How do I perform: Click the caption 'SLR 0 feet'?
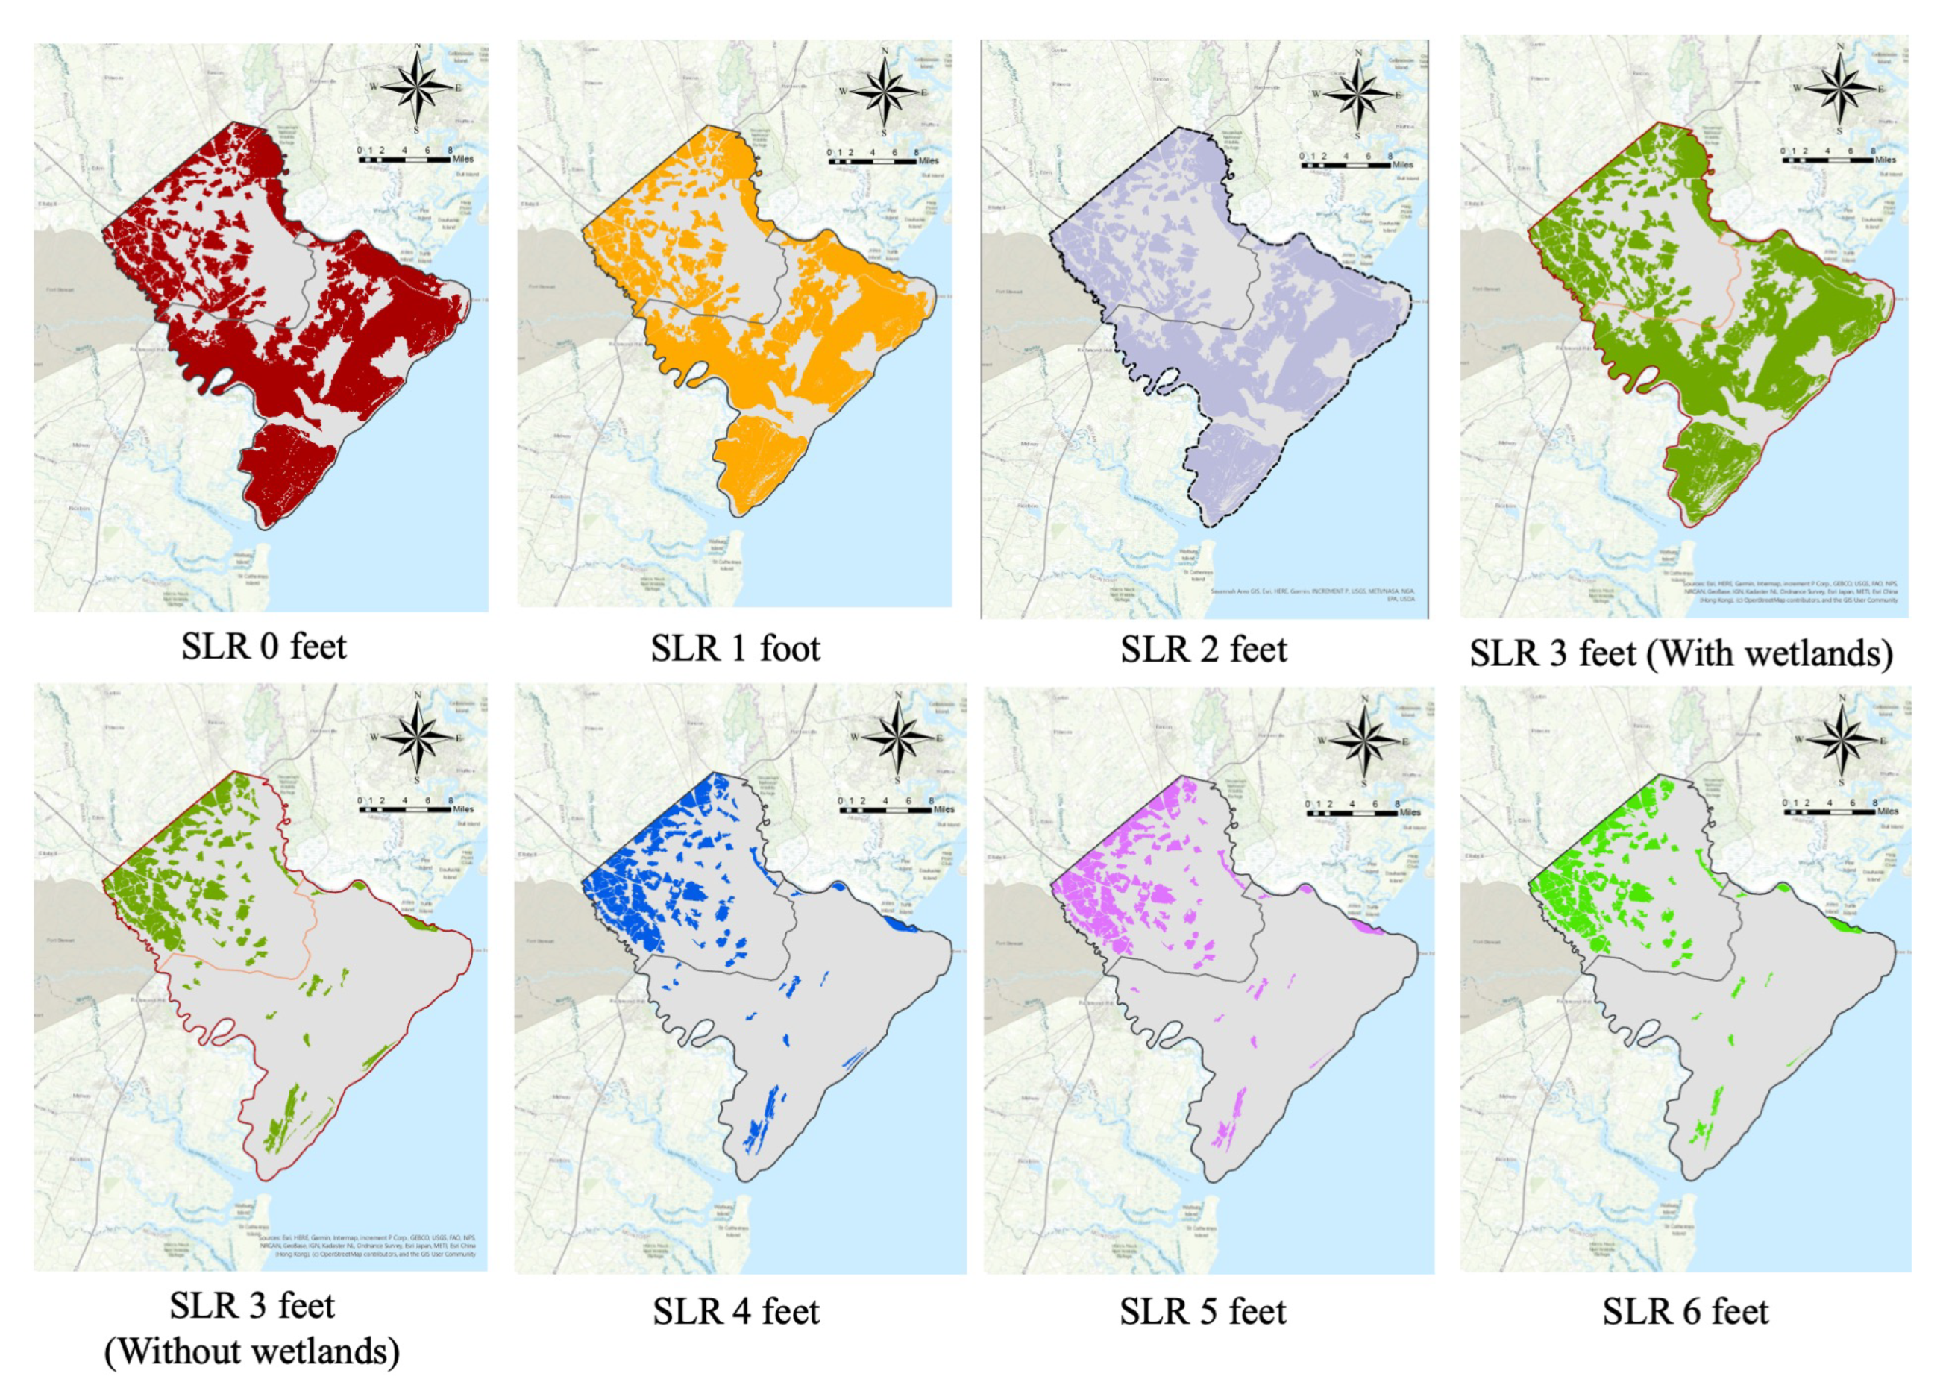point(263,646)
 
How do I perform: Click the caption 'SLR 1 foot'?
point(735,649)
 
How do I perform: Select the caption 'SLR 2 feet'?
point(1203,650)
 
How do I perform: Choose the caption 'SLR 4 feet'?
point(736,1311)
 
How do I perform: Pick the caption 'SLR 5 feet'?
point(1203,1311)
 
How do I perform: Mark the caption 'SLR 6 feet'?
point(1685,1311)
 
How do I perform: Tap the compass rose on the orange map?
point(884,92)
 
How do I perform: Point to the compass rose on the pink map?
point(1364,741)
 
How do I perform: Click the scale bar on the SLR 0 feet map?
point(404,159)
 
